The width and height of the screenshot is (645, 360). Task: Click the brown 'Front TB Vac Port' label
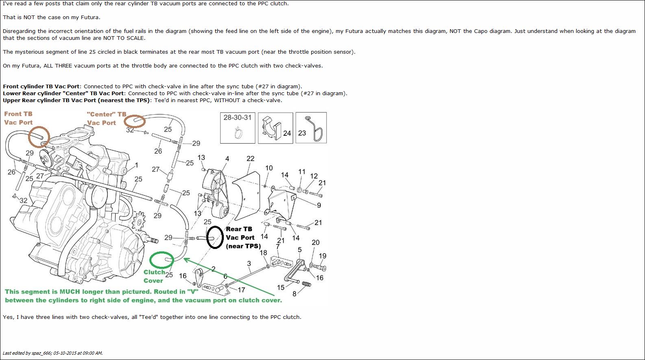(18, 118)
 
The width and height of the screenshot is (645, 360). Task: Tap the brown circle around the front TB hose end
(29, 137)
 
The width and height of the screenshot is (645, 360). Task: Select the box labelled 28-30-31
(238, 128)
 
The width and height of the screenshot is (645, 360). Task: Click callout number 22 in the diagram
(251, 159)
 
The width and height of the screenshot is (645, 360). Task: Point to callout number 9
(319, 205)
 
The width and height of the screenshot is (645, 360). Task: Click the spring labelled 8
(307, 284)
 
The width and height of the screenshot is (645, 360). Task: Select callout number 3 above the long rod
(249, 263)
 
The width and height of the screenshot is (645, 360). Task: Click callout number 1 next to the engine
(136, 165)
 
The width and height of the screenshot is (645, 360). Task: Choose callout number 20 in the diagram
(316, 242)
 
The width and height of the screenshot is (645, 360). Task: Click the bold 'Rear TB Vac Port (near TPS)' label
(243, 238)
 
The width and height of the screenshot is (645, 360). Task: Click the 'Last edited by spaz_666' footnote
(52, 353)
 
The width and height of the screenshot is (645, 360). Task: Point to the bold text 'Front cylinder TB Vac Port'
(41, 86)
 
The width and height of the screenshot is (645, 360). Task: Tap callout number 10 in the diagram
(269, 168)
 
